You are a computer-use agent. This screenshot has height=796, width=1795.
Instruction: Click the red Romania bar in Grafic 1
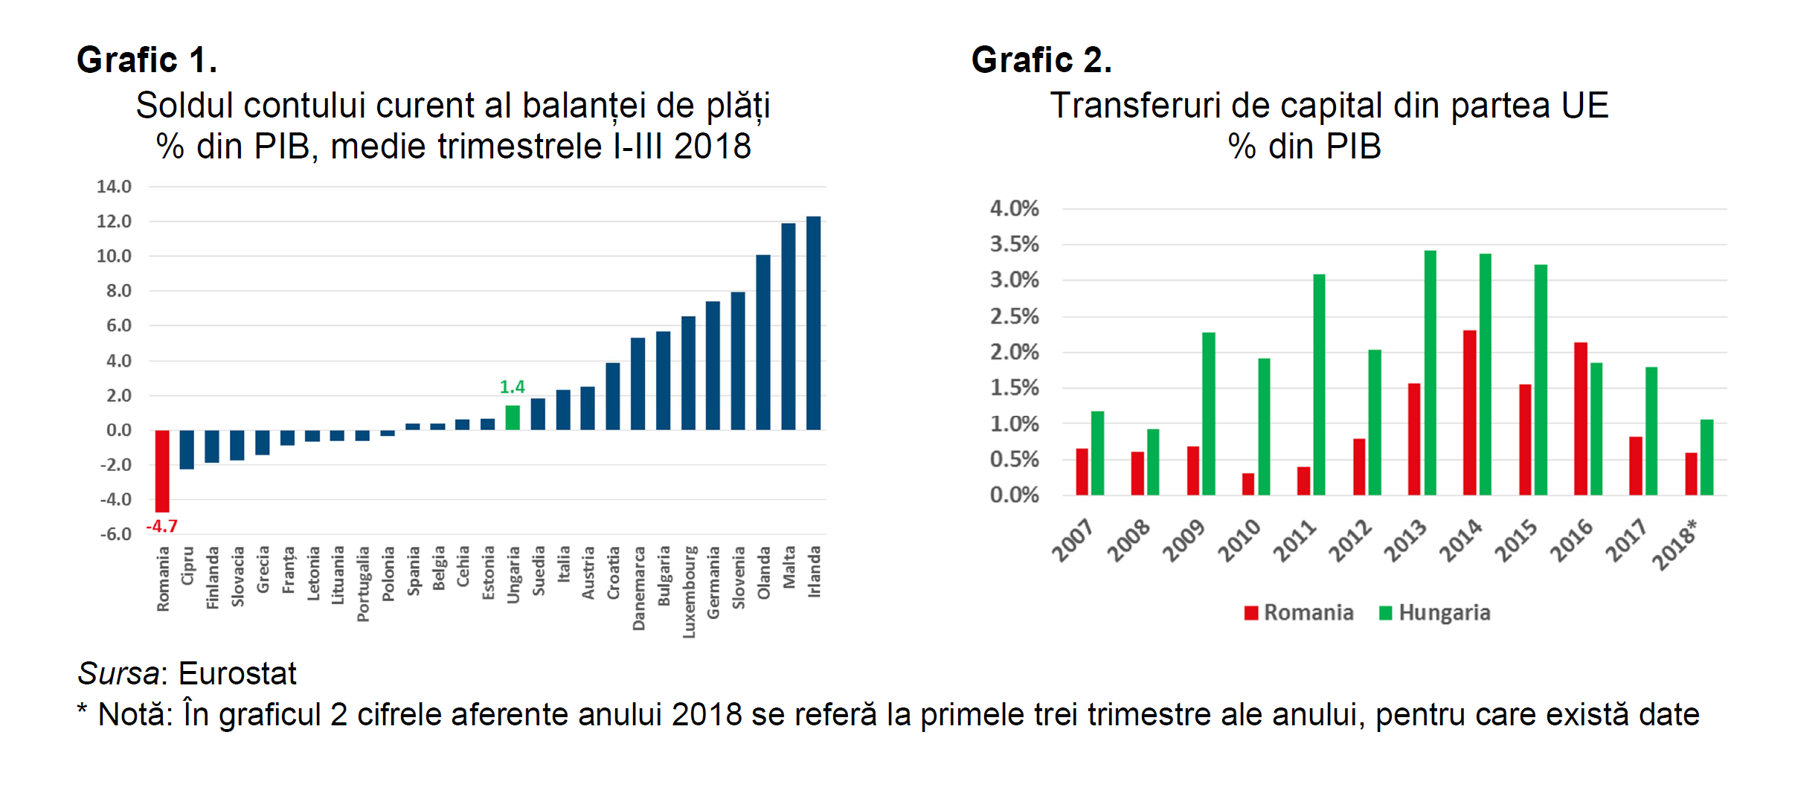[162, 470]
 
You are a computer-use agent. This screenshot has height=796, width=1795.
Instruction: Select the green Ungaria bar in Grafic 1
[513, 417]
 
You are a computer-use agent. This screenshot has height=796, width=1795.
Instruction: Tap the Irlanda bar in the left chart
[814, 323]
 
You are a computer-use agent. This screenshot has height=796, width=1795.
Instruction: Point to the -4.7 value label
[161, 526]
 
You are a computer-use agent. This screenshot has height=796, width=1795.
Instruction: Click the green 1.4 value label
[512, 387]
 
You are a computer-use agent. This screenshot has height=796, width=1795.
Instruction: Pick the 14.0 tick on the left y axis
[114, 187]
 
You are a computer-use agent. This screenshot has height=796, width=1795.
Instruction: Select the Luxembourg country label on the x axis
[690, 592]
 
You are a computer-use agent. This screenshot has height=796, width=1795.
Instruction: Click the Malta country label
[789, 567]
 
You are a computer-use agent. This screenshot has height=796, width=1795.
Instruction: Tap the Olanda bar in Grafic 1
[763, 342]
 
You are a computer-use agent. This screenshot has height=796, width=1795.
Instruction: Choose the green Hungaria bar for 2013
[1430, 373]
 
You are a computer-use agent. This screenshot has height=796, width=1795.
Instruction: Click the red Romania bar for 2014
[1469, 413]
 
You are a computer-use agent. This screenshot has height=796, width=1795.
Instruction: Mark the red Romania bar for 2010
[1248, 484]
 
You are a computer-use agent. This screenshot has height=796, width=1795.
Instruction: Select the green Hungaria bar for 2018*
[1706, 458]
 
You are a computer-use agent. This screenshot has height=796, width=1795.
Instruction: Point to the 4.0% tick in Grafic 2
[1014, 208]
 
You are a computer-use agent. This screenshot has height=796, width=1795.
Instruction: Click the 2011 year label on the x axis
[1294, 541]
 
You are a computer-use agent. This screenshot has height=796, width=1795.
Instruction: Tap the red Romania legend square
[1251, 613]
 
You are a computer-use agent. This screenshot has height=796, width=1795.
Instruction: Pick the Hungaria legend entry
[1444, 613]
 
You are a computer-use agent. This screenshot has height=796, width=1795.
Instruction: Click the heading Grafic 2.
[1041, 60]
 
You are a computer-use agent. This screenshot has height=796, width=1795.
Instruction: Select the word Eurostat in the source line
[237, 673]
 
